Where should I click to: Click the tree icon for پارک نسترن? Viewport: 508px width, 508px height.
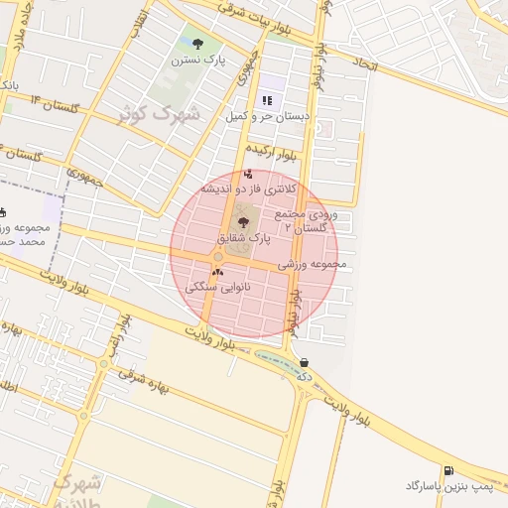point(197,44)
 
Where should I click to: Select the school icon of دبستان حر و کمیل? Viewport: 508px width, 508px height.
point(267,100)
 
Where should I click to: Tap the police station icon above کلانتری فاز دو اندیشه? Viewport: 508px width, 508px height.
point(247,174)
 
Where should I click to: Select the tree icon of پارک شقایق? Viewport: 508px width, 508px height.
point(244,223)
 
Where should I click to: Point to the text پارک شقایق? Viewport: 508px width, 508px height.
point(243,239)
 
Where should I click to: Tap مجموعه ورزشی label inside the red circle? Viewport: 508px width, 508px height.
point(312,265)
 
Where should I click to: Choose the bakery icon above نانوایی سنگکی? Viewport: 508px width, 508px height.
point(217,271)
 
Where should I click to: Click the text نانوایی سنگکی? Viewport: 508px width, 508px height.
point(226,286)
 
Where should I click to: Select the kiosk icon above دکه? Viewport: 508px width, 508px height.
point(303,363)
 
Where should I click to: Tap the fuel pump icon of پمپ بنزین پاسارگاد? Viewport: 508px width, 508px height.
point(448,470)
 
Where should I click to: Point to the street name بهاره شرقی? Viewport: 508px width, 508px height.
point(143,380)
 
